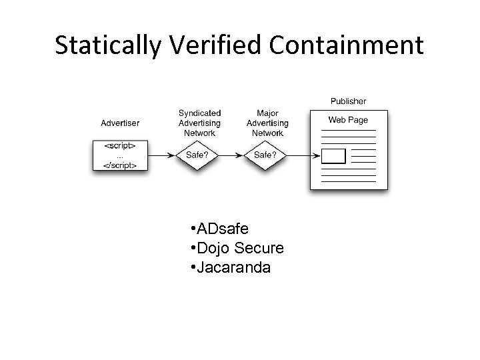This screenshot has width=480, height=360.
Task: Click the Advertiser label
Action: tap(120, 123)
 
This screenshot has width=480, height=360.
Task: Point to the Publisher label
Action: tap(348, 101)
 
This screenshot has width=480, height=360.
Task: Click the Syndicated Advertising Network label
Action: tap(199, 123)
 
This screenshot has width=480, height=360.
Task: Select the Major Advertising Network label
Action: tap(267, 123)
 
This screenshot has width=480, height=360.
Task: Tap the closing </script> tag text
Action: tap(121, 163)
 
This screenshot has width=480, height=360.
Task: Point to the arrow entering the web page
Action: tap(298, 155)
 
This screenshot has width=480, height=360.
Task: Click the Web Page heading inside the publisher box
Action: tap(348, 121)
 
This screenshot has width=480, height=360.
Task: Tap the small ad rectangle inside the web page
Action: tap(334, 157)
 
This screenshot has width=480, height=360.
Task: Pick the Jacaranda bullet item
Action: tap(233, 267)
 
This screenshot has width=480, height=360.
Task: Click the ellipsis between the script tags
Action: tap(120, 155)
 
